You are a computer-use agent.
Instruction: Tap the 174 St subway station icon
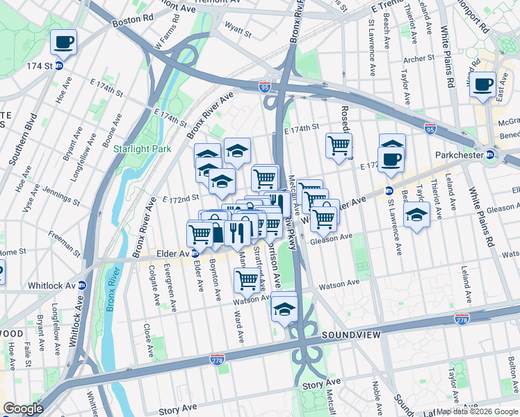59,66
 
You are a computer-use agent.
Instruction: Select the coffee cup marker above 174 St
63,42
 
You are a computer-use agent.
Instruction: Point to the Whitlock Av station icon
82,285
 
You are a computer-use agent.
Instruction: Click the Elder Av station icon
196,254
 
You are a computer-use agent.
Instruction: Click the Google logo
23,409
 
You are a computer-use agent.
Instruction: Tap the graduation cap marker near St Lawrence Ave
416,213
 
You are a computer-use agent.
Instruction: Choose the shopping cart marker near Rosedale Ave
339,146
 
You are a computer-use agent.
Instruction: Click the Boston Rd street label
127,22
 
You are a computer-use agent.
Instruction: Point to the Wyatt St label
237,31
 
